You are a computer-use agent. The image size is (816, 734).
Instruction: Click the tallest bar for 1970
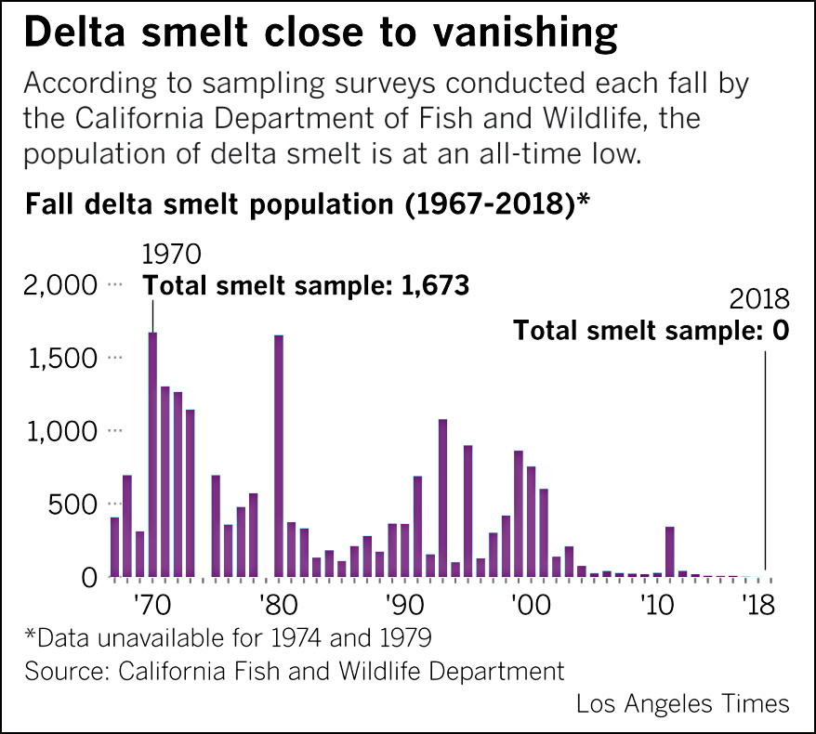pyautogui.click(x=152, y=454)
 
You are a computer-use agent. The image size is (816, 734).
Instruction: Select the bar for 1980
pyautogui.click(x=279, y=455)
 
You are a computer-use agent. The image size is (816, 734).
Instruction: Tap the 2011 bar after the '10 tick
pyautogui.click(x=669, y=552)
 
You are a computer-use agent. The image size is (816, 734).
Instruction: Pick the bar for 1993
pyautogui.click(x=443, y=498)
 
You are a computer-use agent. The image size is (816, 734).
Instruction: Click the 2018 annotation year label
pyautogui.click(x=759, y=299)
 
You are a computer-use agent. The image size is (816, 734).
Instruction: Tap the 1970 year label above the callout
pyautogui.click(x=171, y=255)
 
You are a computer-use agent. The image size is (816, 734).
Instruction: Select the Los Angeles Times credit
pyautogui.click(x=683, y=703)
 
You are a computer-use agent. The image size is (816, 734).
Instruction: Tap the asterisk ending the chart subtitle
pyautogui.click(x=585, y=200)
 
